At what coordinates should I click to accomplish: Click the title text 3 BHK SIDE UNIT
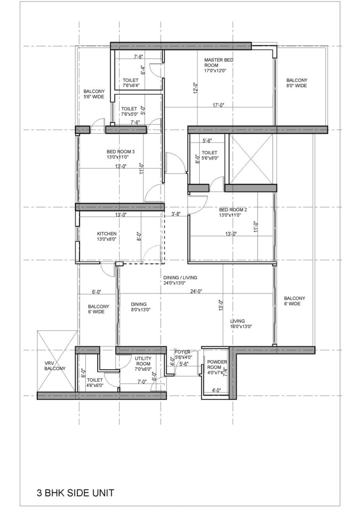(75, 493)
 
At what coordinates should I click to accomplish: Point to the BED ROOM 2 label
(230, 212)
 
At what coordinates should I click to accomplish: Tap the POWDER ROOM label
(217, 365)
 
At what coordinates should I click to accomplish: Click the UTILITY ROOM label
(143, 361)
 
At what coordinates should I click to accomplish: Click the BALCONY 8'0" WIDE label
(297, 83)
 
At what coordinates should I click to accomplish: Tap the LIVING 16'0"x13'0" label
(241, 324)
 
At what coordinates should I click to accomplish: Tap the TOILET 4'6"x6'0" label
(95, 383)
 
